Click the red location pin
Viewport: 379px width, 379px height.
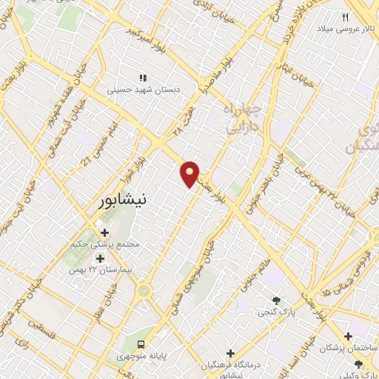(x=190, y=173)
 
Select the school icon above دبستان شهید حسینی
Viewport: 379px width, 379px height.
(x=144, y=77)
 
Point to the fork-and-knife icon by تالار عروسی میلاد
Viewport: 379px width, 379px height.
(x=345, y=16)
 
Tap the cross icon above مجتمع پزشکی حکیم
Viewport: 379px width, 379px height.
(x=104, y=232)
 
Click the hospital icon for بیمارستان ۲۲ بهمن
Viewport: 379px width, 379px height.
(x=100, y=258)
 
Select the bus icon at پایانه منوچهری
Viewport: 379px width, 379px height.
(x=141, y=344)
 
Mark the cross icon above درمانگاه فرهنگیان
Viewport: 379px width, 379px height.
(x=231, y=354)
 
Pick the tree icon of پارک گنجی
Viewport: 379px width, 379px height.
(x=276, y=301)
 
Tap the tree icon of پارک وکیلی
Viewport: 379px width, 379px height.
(x=359, y=364)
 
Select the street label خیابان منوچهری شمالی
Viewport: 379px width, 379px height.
(x=194, y=278)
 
